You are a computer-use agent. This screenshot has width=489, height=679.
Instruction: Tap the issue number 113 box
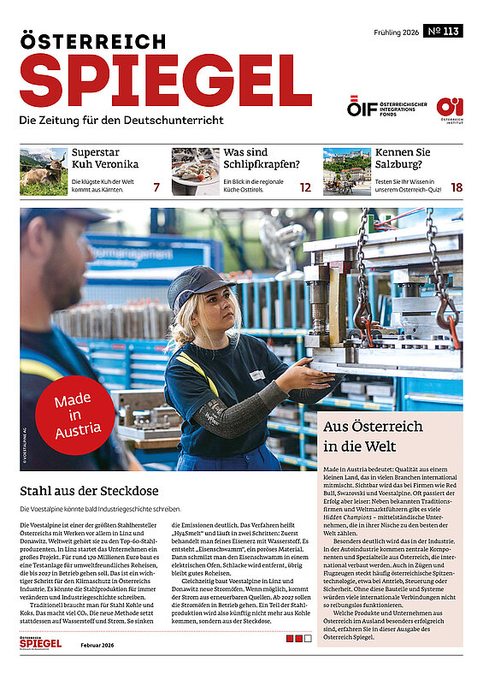442,32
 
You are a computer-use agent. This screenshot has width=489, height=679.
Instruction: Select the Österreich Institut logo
450,109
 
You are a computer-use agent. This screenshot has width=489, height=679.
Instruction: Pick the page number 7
156,186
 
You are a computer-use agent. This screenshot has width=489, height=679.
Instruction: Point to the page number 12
305,186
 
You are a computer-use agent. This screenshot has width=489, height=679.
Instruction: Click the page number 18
457,186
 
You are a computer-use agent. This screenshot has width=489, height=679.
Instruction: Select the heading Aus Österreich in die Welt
366,435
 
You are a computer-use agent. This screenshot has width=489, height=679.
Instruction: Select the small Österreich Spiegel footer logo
40,642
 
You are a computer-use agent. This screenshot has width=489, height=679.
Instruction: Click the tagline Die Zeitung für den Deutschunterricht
122,119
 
